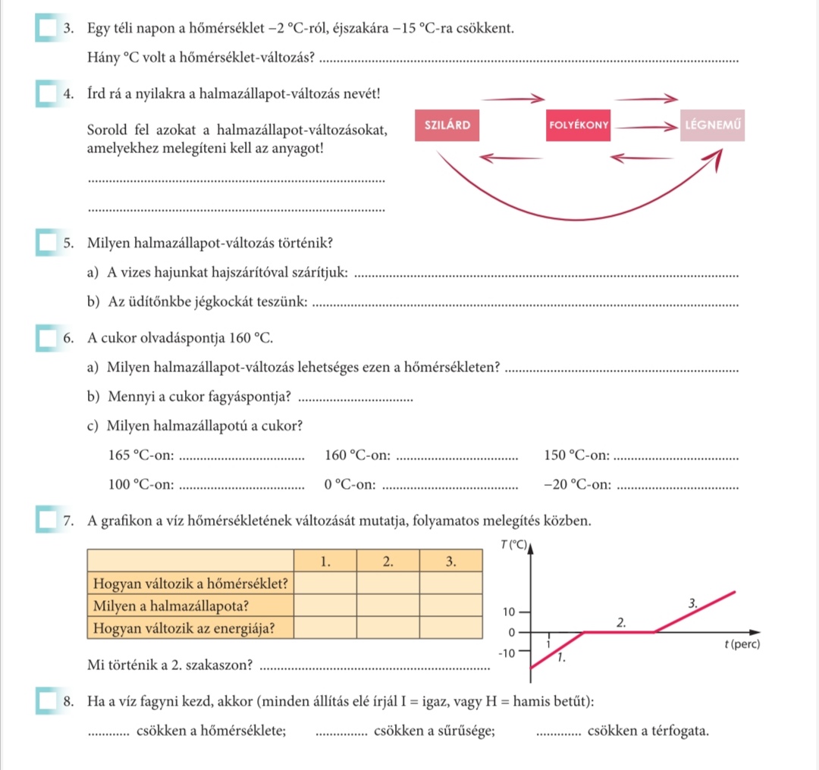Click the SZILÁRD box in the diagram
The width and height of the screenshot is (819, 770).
(447, 126)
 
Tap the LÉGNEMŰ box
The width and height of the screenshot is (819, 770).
(713, 126)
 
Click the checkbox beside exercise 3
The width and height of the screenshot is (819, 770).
(46, 29)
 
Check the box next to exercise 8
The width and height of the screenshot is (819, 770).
(46, 702)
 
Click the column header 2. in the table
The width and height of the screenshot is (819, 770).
(388, 562)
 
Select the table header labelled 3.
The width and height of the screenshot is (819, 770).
(450, 562)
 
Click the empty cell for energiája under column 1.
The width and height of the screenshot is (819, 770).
(325, 628)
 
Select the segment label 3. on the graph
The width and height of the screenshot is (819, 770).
(691, 604)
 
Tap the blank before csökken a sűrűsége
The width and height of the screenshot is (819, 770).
(340, 734)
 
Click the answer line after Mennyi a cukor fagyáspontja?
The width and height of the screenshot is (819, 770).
(357, 399)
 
